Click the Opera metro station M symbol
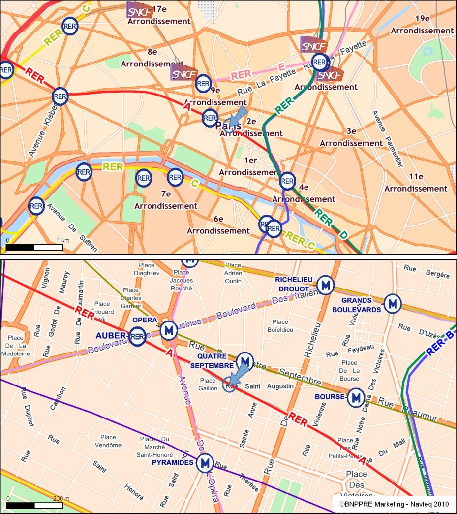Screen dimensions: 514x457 pos(169,329)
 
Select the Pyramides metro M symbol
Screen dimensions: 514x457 pos(205,463)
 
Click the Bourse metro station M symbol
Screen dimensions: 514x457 pos(356,398)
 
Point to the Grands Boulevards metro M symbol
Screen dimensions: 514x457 pos(392,304)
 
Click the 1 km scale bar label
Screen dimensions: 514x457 pos(62,240)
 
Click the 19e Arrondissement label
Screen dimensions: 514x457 pos(422,25)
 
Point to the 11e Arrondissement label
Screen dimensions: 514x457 pos(416,183)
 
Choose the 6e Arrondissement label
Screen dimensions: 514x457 pos(218,225)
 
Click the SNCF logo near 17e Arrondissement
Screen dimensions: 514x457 pos(140,10)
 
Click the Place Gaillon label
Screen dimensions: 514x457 pos(208,385)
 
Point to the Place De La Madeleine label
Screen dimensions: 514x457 pos(16,346)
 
